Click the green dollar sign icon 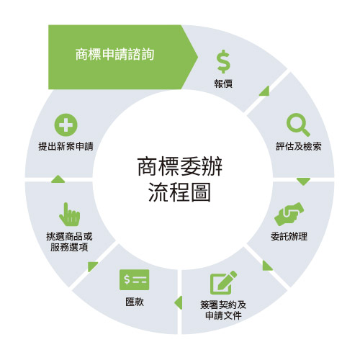click(223, 61)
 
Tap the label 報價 click(223, 84)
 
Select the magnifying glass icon click(298, 125)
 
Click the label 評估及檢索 click(299, 146)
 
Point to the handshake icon click(289, 214)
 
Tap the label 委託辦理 click(289, 237)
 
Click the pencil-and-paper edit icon click(223, 282)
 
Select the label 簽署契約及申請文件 click(223, 310)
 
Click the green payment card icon click(134, 279)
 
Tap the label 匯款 click(135, 302)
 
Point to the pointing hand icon click(70, 215)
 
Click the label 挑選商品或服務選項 click(69, 242)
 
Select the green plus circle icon click(66, 125)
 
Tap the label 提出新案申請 click(66, 146)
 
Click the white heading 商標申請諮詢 click(114, 54)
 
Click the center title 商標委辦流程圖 click(180, 179)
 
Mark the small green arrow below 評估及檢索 click(304, 181)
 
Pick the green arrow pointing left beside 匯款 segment click(179, 303)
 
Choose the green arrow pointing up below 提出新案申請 click(58, 179)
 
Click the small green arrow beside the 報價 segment click(266, 91)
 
